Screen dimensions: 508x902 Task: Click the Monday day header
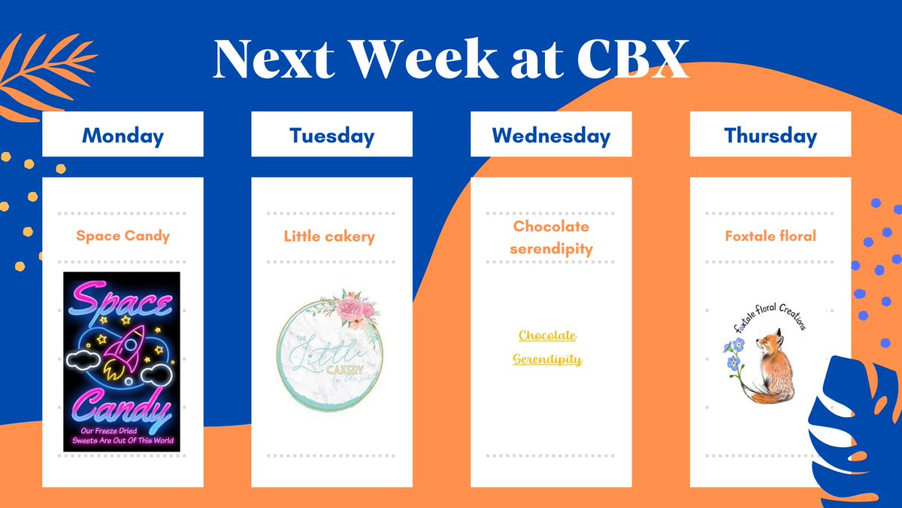[x=123, y=135]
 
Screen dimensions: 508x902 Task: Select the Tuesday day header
[x=331, y=135]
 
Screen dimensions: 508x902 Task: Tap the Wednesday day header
[x=551, y=135]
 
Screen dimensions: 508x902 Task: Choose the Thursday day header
[x=770, y=135]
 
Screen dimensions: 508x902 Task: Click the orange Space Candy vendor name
[x=123, y=236]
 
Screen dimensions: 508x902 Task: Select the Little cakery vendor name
[x=329, y=236]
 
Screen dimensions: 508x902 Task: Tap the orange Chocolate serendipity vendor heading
[x=552, y=237]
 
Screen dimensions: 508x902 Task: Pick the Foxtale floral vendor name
[x=770, y=236]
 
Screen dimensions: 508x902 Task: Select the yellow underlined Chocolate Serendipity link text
[x=547, y=347]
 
